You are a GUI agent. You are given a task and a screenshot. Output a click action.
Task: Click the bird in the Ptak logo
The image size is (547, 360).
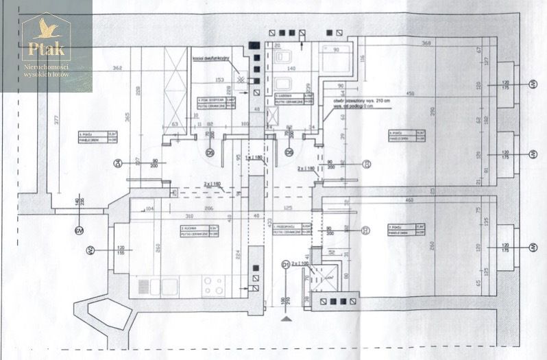coord(46,28)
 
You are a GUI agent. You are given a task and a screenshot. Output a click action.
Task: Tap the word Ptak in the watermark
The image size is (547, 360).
coord(46,49)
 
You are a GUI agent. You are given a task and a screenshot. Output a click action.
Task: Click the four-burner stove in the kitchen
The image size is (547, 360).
coord(212,285)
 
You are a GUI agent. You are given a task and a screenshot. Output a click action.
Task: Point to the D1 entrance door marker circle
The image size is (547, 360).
coord(286,264)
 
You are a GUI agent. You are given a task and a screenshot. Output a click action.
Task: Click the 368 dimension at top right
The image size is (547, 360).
coord(426,44)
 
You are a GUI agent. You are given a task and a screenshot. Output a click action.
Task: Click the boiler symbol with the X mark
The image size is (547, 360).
coord(241,79)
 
